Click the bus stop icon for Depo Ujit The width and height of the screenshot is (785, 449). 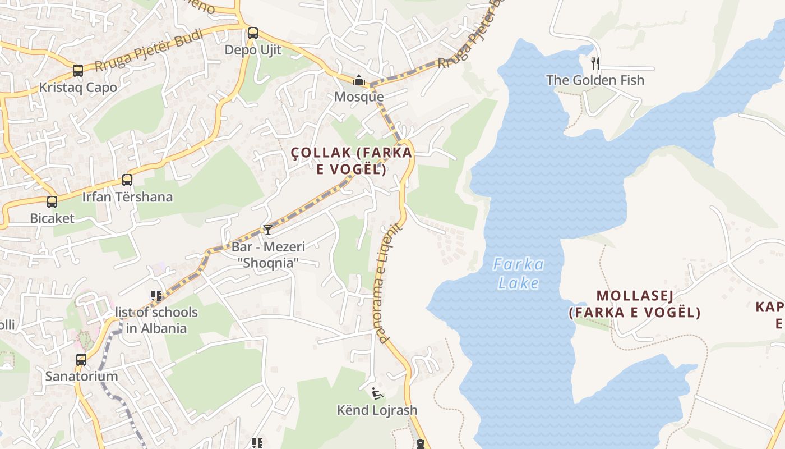tap(253, 33)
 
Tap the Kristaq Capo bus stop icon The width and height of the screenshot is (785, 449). tap(78, 71)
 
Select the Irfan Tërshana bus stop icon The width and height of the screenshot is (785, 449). tap(127, 180)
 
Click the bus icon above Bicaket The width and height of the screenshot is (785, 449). tap(52, 202)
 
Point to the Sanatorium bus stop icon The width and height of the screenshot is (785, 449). tap(81, 360)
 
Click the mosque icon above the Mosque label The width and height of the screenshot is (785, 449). tap(359, 81)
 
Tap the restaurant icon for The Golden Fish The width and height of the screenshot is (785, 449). tap(595, 63)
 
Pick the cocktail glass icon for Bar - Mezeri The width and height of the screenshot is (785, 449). tap(268, 230)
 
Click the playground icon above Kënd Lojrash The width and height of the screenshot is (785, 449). tap(377, 393)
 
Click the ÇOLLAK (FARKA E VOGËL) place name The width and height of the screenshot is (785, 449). tap(352, 161)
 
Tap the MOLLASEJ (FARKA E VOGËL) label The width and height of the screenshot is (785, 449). tap(635, 304)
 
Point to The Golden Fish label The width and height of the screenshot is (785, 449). tap(595, 80)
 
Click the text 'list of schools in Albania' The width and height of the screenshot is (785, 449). tap(156, 320)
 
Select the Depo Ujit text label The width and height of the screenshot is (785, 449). tap(253, 50)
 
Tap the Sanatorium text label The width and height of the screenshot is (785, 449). tap(82, 376)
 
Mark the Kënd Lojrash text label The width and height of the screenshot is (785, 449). tap(377, 410)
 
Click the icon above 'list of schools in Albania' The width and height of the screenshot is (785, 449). tap(156, 295)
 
